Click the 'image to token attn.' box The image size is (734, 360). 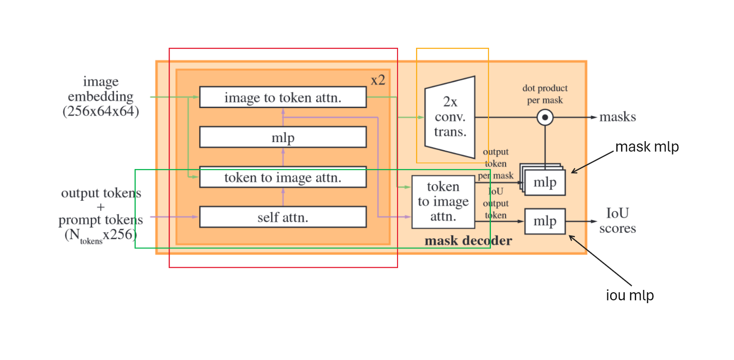282,97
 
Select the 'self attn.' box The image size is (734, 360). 282,217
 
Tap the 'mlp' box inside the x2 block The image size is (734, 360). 282,137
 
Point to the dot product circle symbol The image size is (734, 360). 545,117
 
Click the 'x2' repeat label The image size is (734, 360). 378,80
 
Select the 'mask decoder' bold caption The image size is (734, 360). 468,241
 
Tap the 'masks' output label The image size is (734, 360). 617,117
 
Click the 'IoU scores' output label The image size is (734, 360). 617,221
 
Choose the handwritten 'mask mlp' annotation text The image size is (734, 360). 647,147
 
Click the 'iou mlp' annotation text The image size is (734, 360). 630,296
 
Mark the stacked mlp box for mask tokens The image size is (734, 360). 545,182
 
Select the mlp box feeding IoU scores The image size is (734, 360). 545,221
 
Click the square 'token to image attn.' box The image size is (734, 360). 443,202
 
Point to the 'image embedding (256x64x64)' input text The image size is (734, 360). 100,97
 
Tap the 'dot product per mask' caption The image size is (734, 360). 545,93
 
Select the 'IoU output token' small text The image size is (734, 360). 496,204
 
